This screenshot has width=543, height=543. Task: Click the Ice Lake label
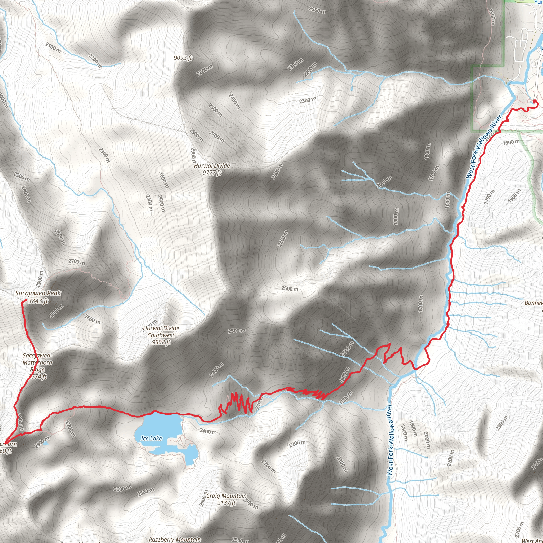click(x=151, y=439)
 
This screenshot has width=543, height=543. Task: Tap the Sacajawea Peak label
click(x=38, y=293)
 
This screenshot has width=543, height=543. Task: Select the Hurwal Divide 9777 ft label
click(x=212, y=166)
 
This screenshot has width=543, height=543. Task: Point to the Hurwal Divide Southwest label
click(x=161, y=332)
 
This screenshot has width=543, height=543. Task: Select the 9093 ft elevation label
click(x=183, y=58)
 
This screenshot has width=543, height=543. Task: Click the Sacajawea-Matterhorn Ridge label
click(x=37, y=362)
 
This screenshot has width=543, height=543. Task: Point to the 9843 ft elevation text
click(x=38, y=301)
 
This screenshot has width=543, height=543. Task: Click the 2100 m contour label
click(x=53, y=48)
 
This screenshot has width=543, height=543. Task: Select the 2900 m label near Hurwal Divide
click(x=193, y=156)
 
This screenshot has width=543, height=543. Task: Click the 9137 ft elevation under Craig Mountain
click(x=226, y=503)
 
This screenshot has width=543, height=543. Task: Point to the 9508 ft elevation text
click(x=161, y=342)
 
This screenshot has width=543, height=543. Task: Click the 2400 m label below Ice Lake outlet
click(x=208, y=431)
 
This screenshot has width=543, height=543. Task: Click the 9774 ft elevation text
click(x=38, y=376)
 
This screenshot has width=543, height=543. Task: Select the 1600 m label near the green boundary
click(x=511, y=142)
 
